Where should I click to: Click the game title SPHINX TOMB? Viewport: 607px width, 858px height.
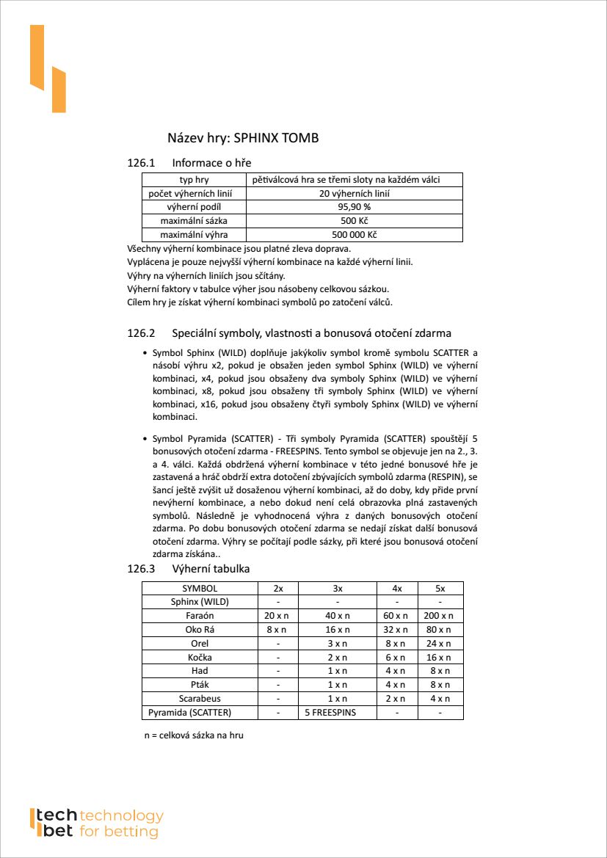276,138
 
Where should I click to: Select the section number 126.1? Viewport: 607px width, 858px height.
142,162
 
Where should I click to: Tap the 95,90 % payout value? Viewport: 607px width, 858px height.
355,207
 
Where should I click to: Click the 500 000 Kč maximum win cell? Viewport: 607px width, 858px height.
355,235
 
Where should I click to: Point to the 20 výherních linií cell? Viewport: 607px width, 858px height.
355,194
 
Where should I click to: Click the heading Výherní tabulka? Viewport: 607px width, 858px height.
211,569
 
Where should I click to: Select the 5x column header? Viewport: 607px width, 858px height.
440,588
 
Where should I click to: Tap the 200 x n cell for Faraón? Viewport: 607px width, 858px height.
440,616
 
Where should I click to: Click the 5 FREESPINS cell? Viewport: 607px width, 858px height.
338,713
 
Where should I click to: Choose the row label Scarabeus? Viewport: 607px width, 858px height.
200,699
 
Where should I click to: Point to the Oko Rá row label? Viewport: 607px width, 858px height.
200,630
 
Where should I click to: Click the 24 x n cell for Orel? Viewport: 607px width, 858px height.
440,644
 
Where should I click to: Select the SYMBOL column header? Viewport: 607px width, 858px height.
200,588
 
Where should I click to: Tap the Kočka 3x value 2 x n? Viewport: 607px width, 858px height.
338,658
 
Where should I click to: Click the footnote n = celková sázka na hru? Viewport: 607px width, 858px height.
194,735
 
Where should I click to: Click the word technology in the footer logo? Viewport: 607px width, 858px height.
121,816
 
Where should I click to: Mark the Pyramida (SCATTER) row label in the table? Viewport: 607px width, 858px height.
190,713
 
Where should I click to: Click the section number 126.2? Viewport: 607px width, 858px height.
142,333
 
